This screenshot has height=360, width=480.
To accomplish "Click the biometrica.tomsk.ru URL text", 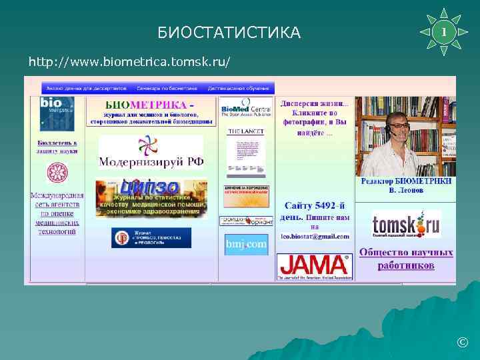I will coord(129,62).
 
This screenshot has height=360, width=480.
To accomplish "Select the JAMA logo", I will coord(313,265).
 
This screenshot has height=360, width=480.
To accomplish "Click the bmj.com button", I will coord(245,245).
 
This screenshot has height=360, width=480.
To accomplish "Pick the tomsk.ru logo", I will coord(406,225).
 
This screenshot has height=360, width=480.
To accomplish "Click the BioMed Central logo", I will coord(245,108).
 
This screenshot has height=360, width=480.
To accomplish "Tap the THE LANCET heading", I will coord(245,132).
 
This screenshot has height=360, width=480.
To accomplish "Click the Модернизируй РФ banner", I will coord(151,153).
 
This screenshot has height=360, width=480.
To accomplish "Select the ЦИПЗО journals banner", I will coord(151,198).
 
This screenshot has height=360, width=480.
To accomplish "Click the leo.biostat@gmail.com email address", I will coord(315,235).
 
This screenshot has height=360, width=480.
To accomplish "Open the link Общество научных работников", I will coord(406,259).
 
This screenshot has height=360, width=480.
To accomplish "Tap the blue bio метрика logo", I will coord(56,111).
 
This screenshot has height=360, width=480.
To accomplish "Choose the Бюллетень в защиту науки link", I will coord(57,147).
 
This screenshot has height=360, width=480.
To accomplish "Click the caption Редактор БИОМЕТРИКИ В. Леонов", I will coord(406,185).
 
